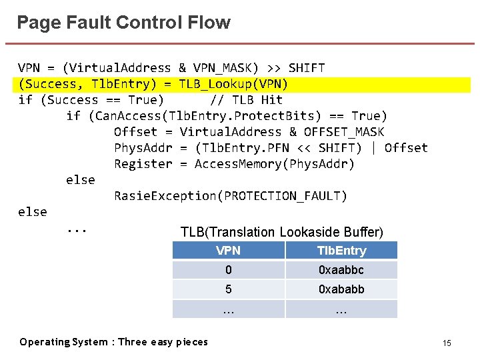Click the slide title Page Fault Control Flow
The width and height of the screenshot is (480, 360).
pyautogui.click(x=123, y=23)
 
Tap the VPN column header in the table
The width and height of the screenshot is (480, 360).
pyautogui.click(x=228, y=251)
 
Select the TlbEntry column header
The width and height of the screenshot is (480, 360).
pyautogui.click(x=341, y=251)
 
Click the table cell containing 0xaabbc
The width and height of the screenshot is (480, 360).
pyautogui.click(x=341, y=270)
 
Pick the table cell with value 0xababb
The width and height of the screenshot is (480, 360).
pyautogui.click(x=341, y=289)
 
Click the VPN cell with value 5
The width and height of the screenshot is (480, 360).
pyautogui.click(x=228, y=289)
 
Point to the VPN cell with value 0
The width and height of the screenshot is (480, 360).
pyautogui.click(x=228, y=270)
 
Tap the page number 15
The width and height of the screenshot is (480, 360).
pyautogui.click(x=447, y=343)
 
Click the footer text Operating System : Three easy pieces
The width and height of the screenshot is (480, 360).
pyautogui.click(x=113, y=342)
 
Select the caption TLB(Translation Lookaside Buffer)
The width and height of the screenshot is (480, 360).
pyautogui.click(x=281, y=232)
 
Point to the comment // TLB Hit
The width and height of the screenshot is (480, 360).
pyautogui.click(x=246, y=100)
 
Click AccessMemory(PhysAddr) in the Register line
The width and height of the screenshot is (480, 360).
pyautogui.click(x=275, y=164)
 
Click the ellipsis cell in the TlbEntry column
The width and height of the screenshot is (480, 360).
pyautogui.click(x=341, y=309)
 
